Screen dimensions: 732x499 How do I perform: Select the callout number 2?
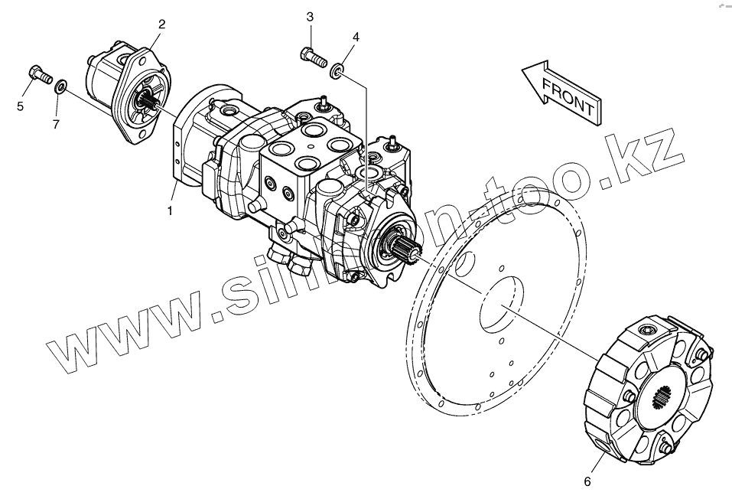click(161, 24)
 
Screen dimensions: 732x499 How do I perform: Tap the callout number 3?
click(310, 17)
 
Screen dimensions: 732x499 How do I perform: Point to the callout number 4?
click(356, 37)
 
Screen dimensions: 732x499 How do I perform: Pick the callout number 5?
click(20, 106)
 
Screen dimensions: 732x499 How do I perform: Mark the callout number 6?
click(587, 481)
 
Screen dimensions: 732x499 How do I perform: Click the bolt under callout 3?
click(312, 55)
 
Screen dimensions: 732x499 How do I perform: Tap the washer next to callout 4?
click(337, 72)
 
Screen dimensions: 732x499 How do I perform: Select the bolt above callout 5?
click(39, 74)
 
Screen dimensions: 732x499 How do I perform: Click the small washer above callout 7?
click(60, 83)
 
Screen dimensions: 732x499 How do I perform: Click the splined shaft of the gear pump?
click(149, 100)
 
